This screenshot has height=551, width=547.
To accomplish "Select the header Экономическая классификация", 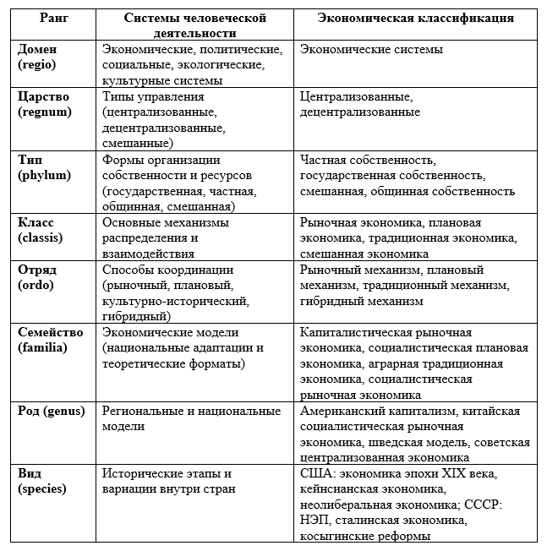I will pos(415,18).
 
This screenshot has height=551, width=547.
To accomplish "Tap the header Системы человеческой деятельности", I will pos(195,25).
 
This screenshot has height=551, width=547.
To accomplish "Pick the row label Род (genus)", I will pos(52,412).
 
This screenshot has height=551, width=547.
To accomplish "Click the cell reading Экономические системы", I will pos(371,50).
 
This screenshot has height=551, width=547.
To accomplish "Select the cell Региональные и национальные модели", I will pos(191,419).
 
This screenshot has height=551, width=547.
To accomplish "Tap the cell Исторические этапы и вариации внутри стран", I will pos(169,481).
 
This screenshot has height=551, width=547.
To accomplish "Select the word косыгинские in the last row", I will pos(336,536).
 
